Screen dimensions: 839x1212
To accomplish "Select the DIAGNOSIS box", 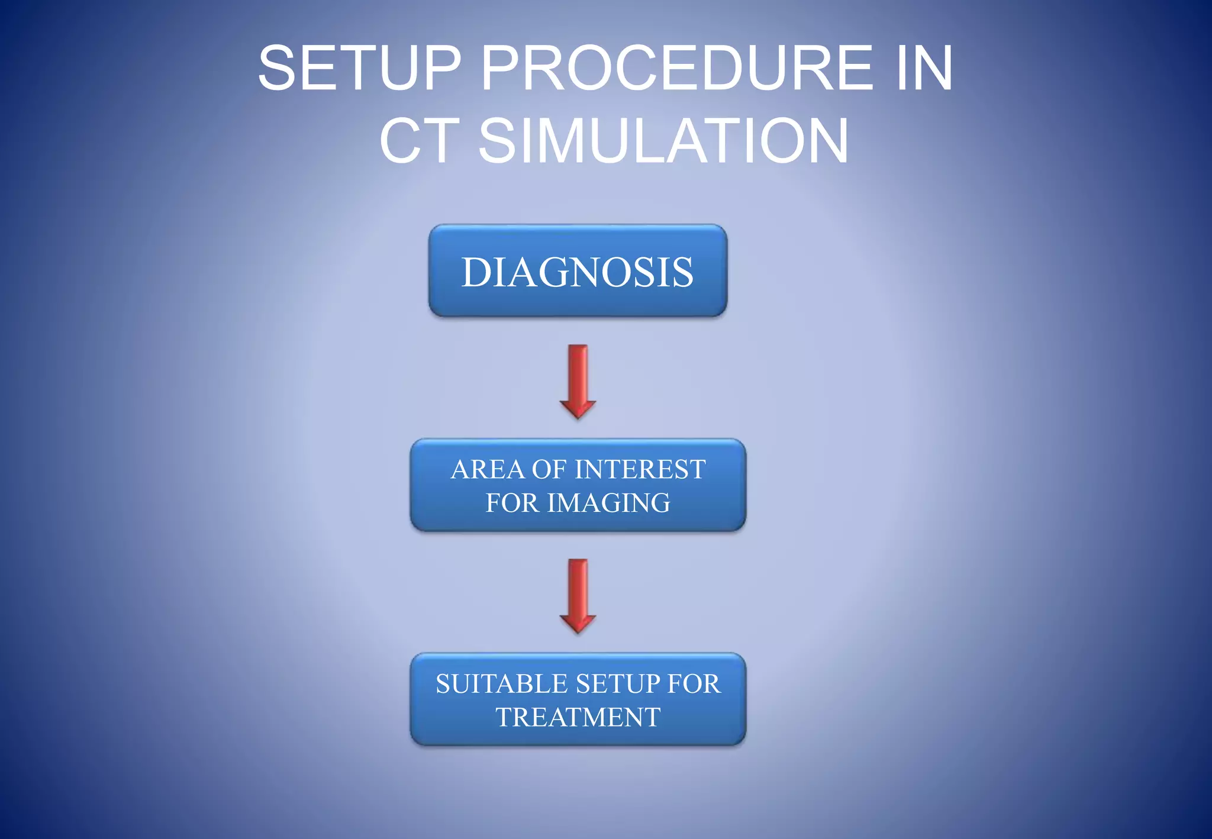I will coord(578,271).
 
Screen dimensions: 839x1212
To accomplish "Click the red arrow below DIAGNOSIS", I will coord(578,379).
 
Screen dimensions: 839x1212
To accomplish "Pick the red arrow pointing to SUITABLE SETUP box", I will coord(578,593).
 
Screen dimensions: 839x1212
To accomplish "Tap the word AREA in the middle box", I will coord(488,470).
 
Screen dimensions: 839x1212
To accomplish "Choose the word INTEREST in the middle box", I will coord(641,470).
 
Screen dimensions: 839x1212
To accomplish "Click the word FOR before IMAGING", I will coord(512,503).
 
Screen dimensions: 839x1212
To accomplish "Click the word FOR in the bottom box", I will coord(694,684).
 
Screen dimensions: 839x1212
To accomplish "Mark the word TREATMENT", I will coord(578,718).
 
